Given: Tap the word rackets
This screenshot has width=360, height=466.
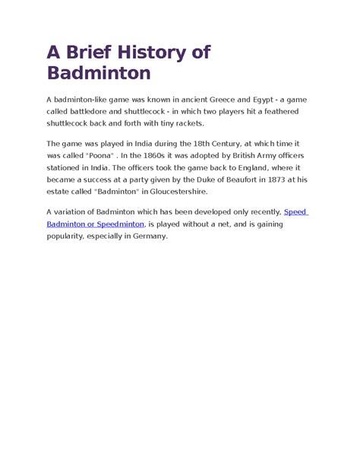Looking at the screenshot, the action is pyautogui.click(x=187, y=124).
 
